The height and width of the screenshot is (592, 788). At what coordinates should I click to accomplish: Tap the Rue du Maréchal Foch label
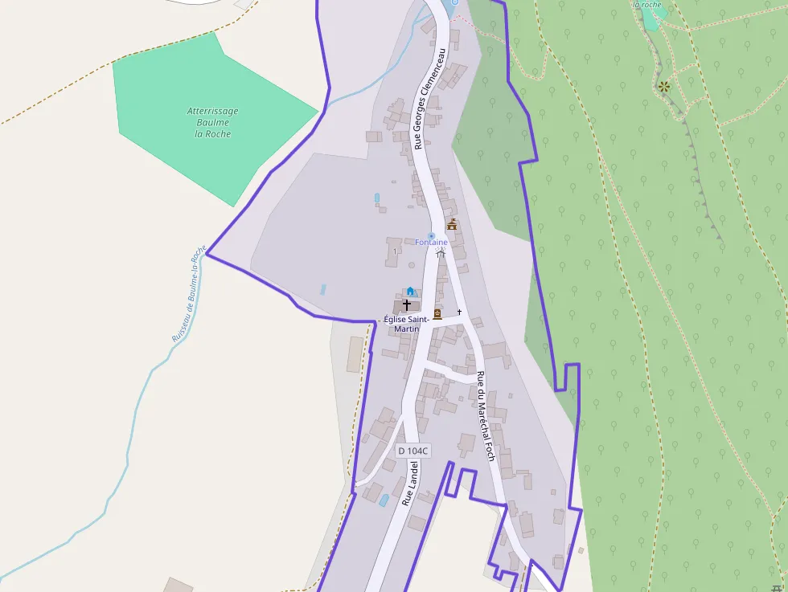[485, 415]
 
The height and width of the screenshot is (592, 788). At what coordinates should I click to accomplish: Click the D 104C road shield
[413, 451]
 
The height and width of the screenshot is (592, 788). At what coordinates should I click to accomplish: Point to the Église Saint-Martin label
[406, 324]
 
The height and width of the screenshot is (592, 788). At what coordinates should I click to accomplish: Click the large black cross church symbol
[407, 305]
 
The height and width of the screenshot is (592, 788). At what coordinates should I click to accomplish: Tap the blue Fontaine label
[431, 243]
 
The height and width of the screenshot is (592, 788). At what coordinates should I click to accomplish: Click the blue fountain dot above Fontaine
[431, 235]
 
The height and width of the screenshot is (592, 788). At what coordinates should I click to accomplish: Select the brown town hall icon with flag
[452, 224]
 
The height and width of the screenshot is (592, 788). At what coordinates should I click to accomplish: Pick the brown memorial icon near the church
[437, 314]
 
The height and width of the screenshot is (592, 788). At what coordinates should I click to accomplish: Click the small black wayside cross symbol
[460, 312]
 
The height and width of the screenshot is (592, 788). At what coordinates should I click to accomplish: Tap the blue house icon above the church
[410, 291]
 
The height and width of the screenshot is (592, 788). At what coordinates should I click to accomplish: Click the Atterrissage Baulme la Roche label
[212, 122]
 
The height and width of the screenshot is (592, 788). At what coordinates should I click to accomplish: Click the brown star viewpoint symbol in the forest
[664, 86]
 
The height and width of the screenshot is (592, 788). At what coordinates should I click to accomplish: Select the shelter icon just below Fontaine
[440, 252]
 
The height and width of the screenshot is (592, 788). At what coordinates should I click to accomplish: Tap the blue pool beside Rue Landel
[384, 500]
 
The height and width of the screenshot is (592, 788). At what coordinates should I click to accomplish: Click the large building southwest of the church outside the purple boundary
[355, 354]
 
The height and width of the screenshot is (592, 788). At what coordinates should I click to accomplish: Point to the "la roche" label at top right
[647, 4]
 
